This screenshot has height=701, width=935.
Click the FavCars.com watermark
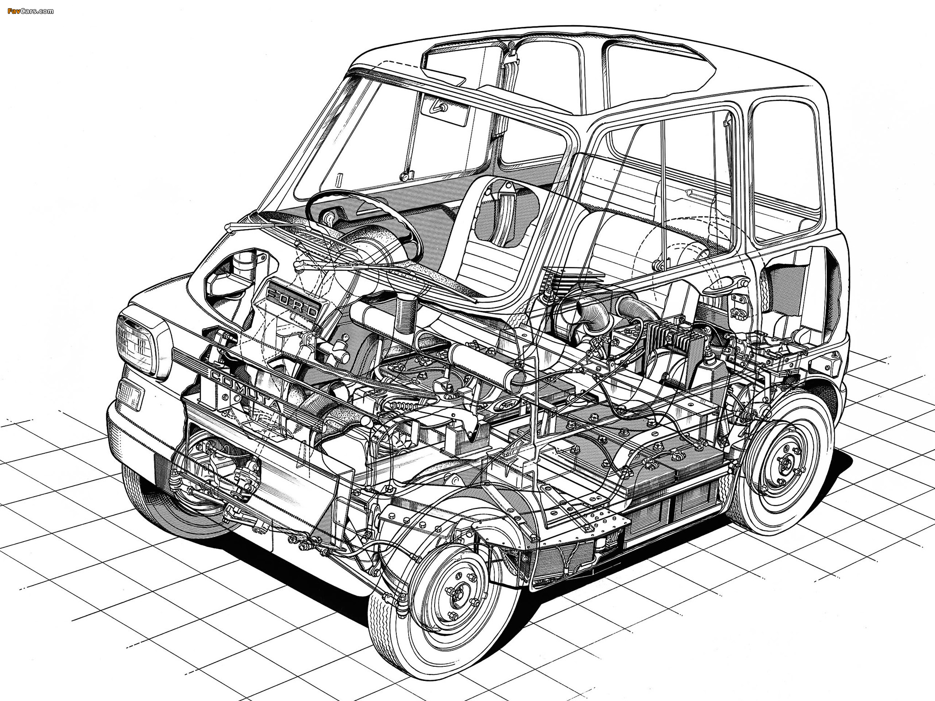tap(30, 10)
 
